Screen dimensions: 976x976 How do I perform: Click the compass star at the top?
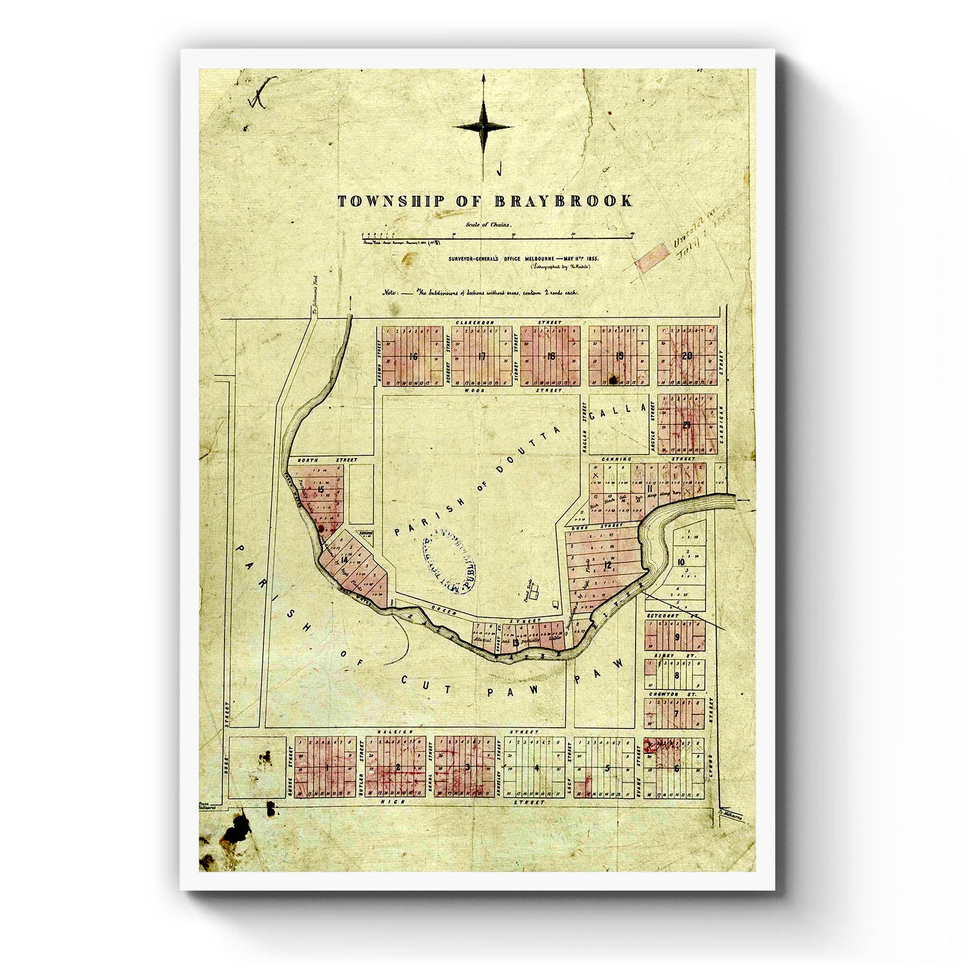coord(484,127)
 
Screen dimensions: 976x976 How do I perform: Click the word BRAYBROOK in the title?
coord(569,201)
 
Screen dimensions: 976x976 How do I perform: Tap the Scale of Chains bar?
coord(497,234)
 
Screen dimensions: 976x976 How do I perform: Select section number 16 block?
coord(414,357)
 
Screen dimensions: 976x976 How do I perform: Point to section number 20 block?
coord(687,356)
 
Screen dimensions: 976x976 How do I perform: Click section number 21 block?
coord(687,425)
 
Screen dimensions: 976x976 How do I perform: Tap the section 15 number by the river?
coord(320,490)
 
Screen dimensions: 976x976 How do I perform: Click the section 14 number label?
coord(345,560)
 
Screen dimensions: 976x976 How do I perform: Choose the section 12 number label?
coord(608,566)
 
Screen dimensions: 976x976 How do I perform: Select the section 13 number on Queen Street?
coord(516,642)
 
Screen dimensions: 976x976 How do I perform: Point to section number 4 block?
coord(537,768)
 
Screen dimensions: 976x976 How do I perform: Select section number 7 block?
coord(676,714)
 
